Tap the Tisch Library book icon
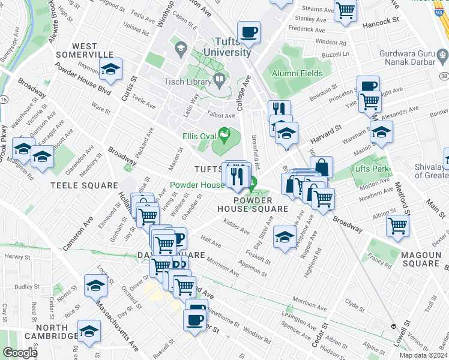pyautogui.click(x=220, y=79)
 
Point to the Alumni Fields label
pyautogui.click(x=297, y=73)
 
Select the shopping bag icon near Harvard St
pyautogui.click(x=322, y=167)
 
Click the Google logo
pyautogui.click(x=20, y=353)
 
